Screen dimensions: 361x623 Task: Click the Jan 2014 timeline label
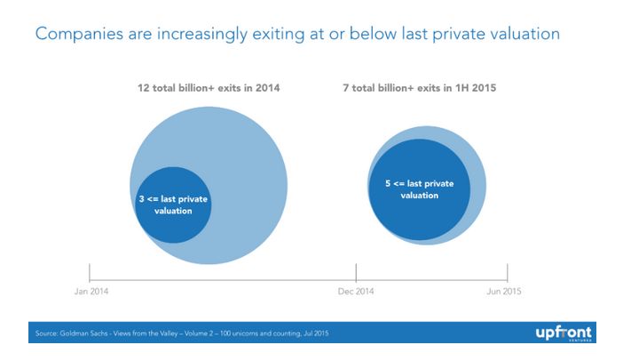click(x=90, y=291)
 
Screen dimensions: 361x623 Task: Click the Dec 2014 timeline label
click(x=355, y=291)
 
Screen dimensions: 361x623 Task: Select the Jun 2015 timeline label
click(x=507, y=291)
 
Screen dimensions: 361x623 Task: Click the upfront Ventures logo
click(x=560, y=332)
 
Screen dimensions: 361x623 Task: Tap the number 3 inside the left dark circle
click(x=142, y=199)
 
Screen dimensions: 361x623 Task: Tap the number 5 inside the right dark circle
click(x=388, y=183)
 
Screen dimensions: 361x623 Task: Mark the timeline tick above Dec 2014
click(x=356, y=271)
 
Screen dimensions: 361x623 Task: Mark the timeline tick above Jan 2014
click(x=90, y=271)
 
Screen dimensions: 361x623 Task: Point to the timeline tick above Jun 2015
click(x=507, y=271)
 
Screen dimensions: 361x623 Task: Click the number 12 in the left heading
click(x=143, y=89)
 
